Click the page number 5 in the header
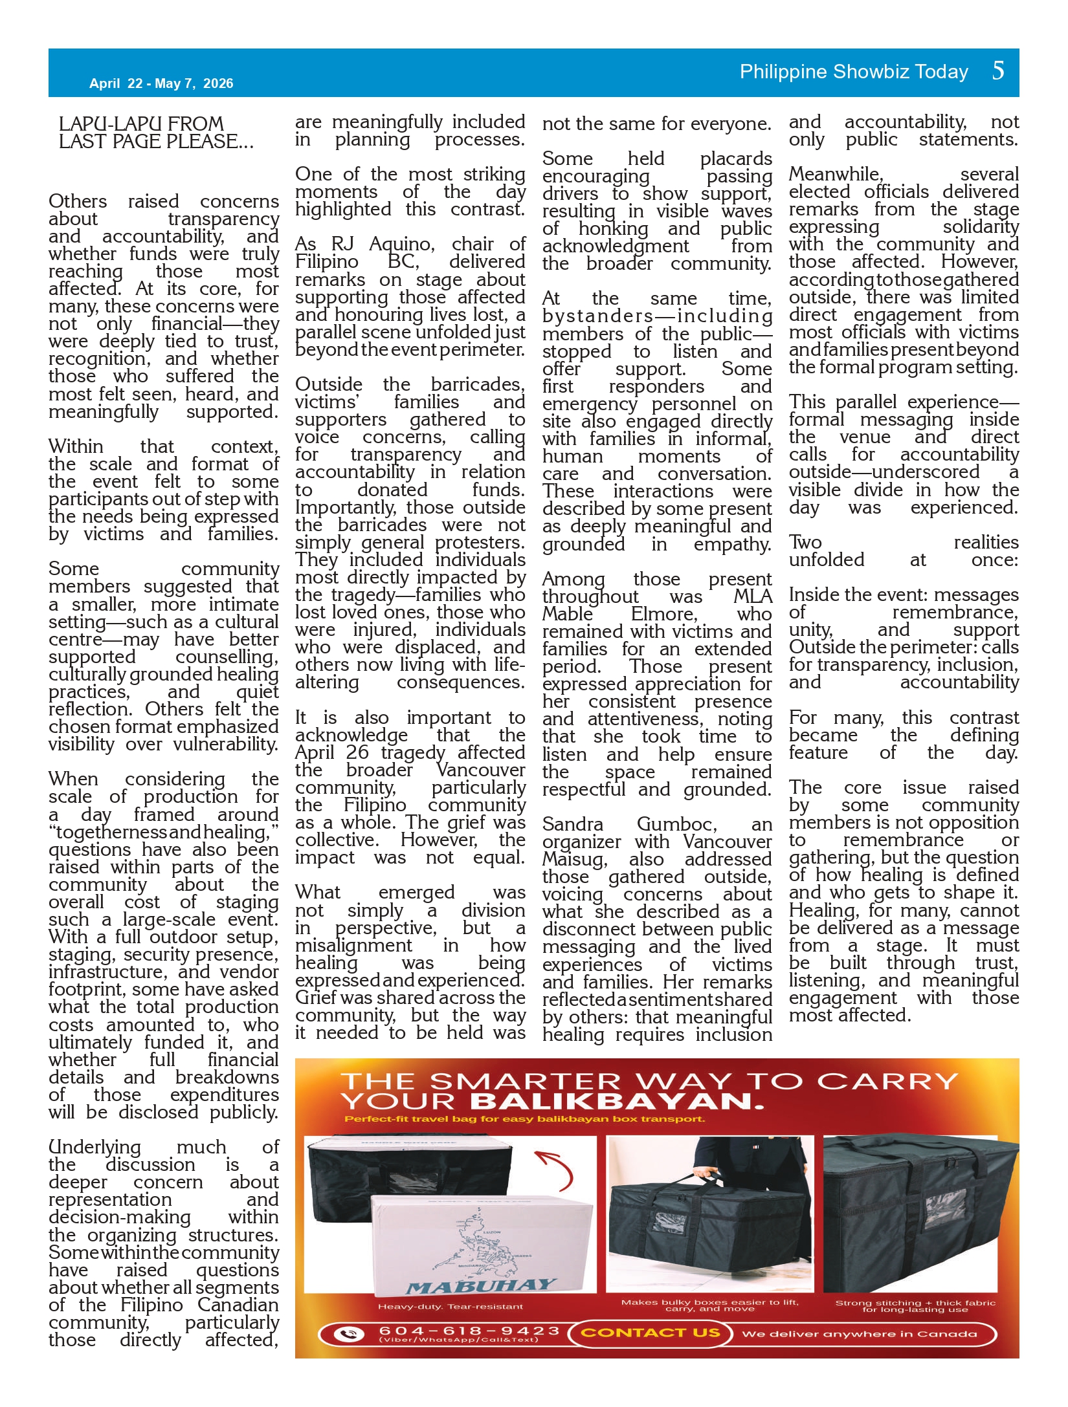pyautogui.click(x=998, y=71)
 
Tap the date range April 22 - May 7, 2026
pyautogui.click(x=161, y=83)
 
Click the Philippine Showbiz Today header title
pyautogui.click(x=854, y=72)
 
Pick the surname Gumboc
pyautogui.click(x=676, y=824)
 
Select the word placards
pyautogui.click(x=736, y=158)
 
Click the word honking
pyautogui.click(x=613, y=228)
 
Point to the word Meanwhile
pyautogui.click(x=835, y=174)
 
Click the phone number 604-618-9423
pyautogui.click(x=469, y=1331)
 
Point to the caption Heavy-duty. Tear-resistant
pyautogui.click(x=451, y=1307)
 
